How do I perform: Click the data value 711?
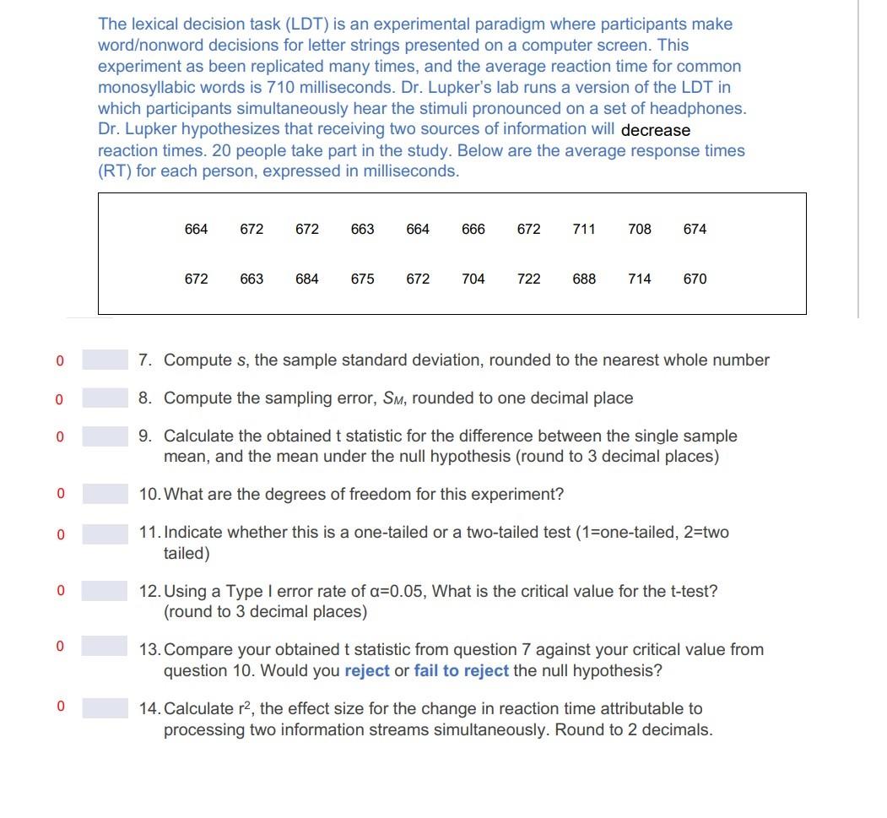584,229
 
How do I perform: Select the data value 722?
528,279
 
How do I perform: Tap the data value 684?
307,279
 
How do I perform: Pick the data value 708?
640,229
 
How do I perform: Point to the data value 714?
640,279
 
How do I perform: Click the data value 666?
473,229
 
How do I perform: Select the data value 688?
584,279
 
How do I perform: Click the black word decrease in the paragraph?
656,130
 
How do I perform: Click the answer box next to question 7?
105,360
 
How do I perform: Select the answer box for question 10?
105,495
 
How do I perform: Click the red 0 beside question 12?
60,591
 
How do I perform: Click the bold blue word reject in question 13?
367,671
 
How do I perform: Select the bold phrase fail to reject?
461,671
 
